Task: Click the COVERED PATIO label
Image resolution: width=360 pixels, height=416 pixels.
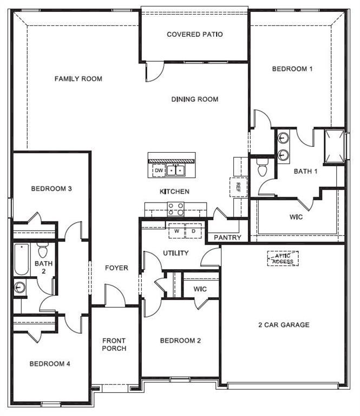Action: click(x=194, y=35)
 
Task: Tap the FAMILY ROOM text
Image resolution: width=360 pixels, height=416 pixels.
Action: click(x=78, y=79)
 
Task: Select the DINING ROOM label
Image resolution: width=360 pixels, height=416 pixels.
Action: click(x=194, y=99)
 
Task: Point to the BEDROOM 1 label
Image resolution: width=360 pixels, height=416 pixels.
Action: click(x=292, y=69)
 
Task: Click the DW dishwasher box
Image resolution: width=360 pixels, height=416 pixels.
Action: click(x=159, y=171)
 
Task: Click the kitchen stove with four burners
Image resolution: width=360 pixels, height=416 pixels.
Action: click(x=175, y=209)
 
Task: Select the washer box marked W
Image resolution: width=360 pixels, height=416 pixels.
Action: click(x=176, y=231)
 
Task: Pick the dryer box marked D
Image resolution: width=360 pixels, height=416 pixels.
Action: click(x=193, y=231)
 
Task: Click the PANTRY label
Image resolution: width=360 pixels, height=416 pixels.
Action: click(x=227, y=237)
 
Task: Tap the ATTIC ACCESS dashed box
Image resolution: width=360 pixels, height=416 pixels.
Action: click(x=283, y=258)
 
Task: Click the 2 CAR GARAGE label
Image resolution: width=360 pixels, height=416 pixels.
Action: click(x=283, y=325)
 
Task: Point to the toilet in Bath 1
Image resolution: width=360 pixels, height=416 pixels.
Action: click(x=263, y=168)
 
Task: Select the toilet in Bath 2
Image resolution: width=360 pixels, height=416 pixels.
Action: click(x=43, y=251)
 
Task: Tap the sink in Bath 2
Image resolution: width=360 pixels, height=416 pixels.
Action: click(x=20, y=287)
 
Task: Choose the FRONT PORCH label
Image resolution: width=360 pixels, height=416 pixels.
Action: click(x=114, y=344)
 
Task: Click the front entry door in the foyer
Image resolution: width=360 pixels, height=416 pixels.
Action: click(x=115, y=297)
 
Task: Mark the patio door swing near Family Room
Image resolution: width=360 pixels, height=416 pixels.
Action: click(x=153, y=72)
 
